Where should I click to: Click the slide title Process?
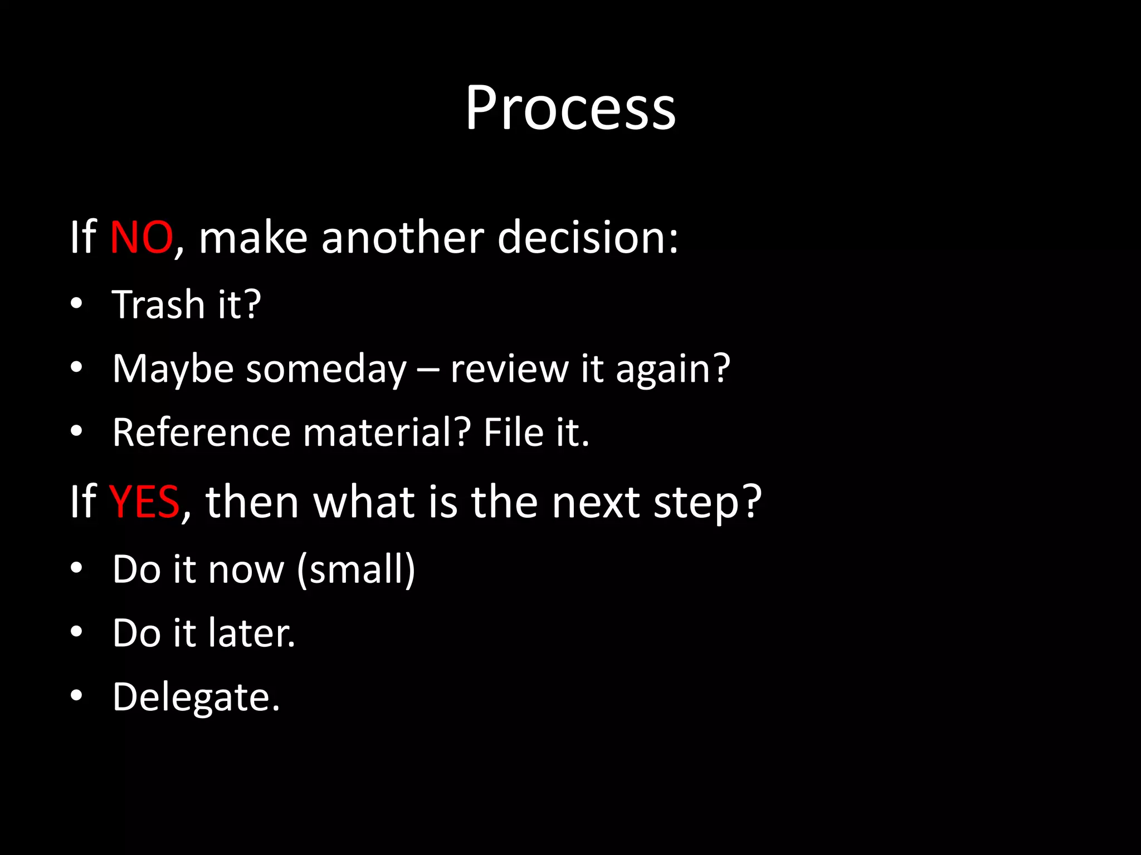coord(570,109)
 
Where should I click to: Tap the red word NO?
coord(141,238)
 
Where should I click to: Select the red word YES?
coord(144,502)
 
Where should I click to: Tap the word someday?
coord(326,370)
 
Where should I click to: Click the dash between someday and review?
coord(428,370)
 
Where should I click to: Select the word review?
coord(509,370)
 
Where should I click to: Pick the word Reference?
coord(201,433)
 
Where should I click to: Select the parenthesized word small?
coord(357,570)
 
